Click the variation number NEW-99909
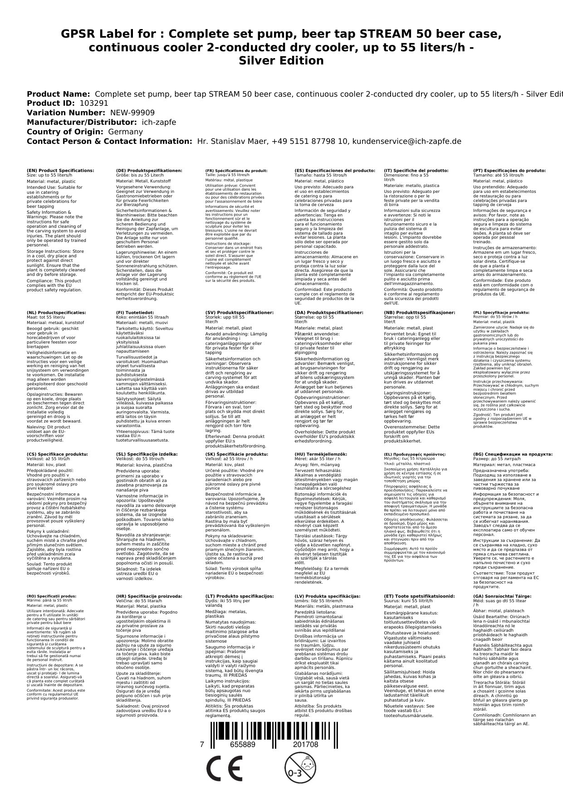coord(132,113)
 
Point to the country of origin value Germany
coord(125,132)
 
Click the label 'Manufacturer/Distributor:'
coord(81,123)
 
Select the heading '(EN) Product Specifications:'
coord(60,171)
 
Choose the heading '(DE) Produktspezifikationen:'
coord(149,171)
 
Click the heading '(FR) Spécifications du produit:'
coord(236,171)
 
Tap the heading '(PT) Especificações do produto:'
coord(509,171)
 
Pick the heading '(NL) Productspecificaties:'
coord(56,313)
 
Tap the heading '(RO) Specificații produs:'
coord(52,596)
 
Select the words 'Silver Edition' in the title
coord(281,61)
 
